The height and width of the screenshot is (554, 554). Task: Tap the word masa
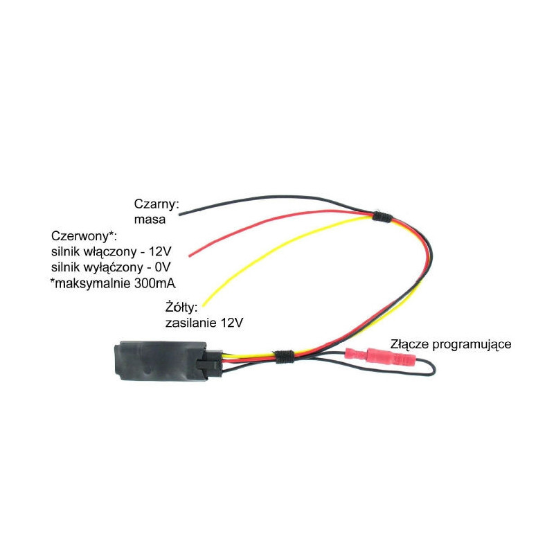click(150, 220)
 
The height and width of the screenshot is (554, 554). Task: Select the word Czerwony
click(81, 235)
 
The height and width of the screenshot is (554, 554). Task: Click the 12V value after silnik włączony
click(160, 251)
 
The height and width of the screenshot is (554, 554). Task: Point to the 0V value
click(162, 267)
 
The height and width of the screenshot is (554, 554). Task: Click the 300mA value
click(154, 283)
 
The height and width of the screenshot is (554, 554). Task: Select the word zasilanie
click(191, 323)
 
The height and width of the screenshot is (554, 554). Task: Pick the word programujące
click(472, 345)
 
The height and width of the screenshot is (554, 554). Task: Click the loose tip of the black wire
click(180, 214)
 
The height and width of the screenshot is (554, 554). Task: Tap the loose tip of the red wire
click(190, 256)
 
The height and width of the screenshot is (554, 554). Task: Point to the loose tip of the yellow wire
click(204, 305)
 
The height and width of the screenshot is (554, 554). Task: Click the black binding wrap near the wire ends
click(382, 216)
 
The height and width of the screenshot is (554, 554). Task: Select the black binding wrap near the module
click(285, 357)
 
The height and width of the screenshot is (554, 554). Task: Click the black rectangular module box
click(161, 360)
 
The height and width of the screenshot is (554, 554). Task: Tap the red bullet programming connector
click(380, 357)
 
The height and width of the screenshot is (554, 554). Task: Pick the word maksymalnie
click(93, 283)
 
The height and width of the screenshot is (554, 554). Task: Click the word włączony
click(110, 252)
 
